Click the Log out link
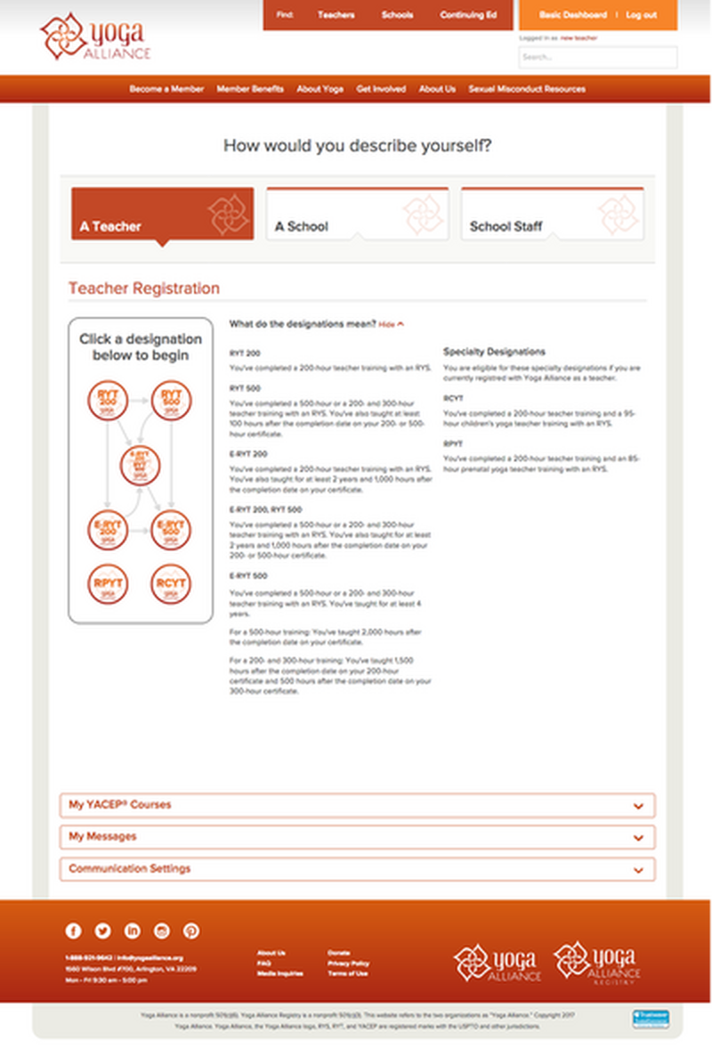click(641, 15)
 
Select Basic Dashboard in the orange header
click(573, 15)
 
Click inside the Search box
click(597, 57)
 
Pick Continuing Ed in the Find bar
click(467, 15)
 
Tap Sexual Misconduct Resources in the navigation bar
click(526, 89)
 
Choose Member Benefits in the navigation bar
click(250, 89)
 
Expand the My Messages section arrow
click(637, 838)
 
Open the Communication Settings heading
click(130, 868)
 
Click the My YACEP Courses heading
click(120, 805)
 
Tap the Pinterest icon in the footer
click(191, 931)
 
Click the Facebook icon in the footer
click(74, 931)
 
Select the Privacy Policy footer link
click(348, 964)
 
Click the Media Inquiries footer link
click(279, 974)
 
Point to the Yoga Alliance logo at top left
click(95, 37)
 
